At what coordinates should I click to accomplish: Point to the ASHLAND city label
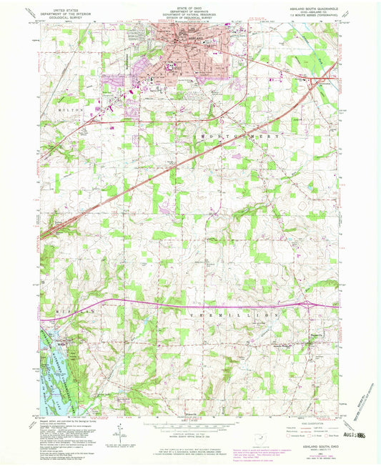(190, 38)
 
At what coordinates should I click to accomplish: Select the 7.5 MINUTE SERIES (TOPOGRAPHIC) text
(315, 15)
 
